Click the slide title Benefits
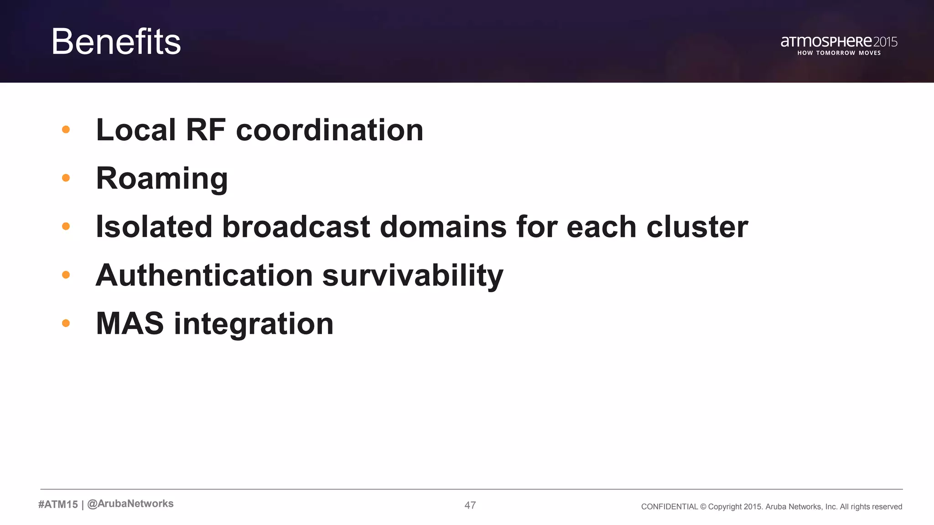tap(116, 42)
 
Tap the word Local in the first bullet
tap(135, 130)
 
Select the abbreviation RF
tap(205, 130)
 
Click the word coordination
tap(329, 130)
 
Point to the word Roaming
tap(162, 179)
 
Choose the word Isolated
tap(154, 227)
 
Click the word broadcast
tap(296, 227)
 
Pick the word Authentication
tap(204, 275)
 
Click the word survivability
tap(413, 276)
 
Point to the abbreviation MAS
tap(130, 324)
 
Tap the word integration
tap(254, 324)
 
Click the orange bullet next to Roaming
tap(66, 178)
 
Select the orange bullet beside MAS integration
tap(66, 323)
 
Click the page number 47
tap(470, 505)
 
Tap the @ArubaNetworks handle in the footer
tap(130, 504)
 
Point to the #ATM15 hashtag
tap(58, 504)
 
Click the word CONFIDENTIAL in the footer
tap(669, 507)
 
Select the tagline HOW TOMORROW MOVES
tap(839, 53)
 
